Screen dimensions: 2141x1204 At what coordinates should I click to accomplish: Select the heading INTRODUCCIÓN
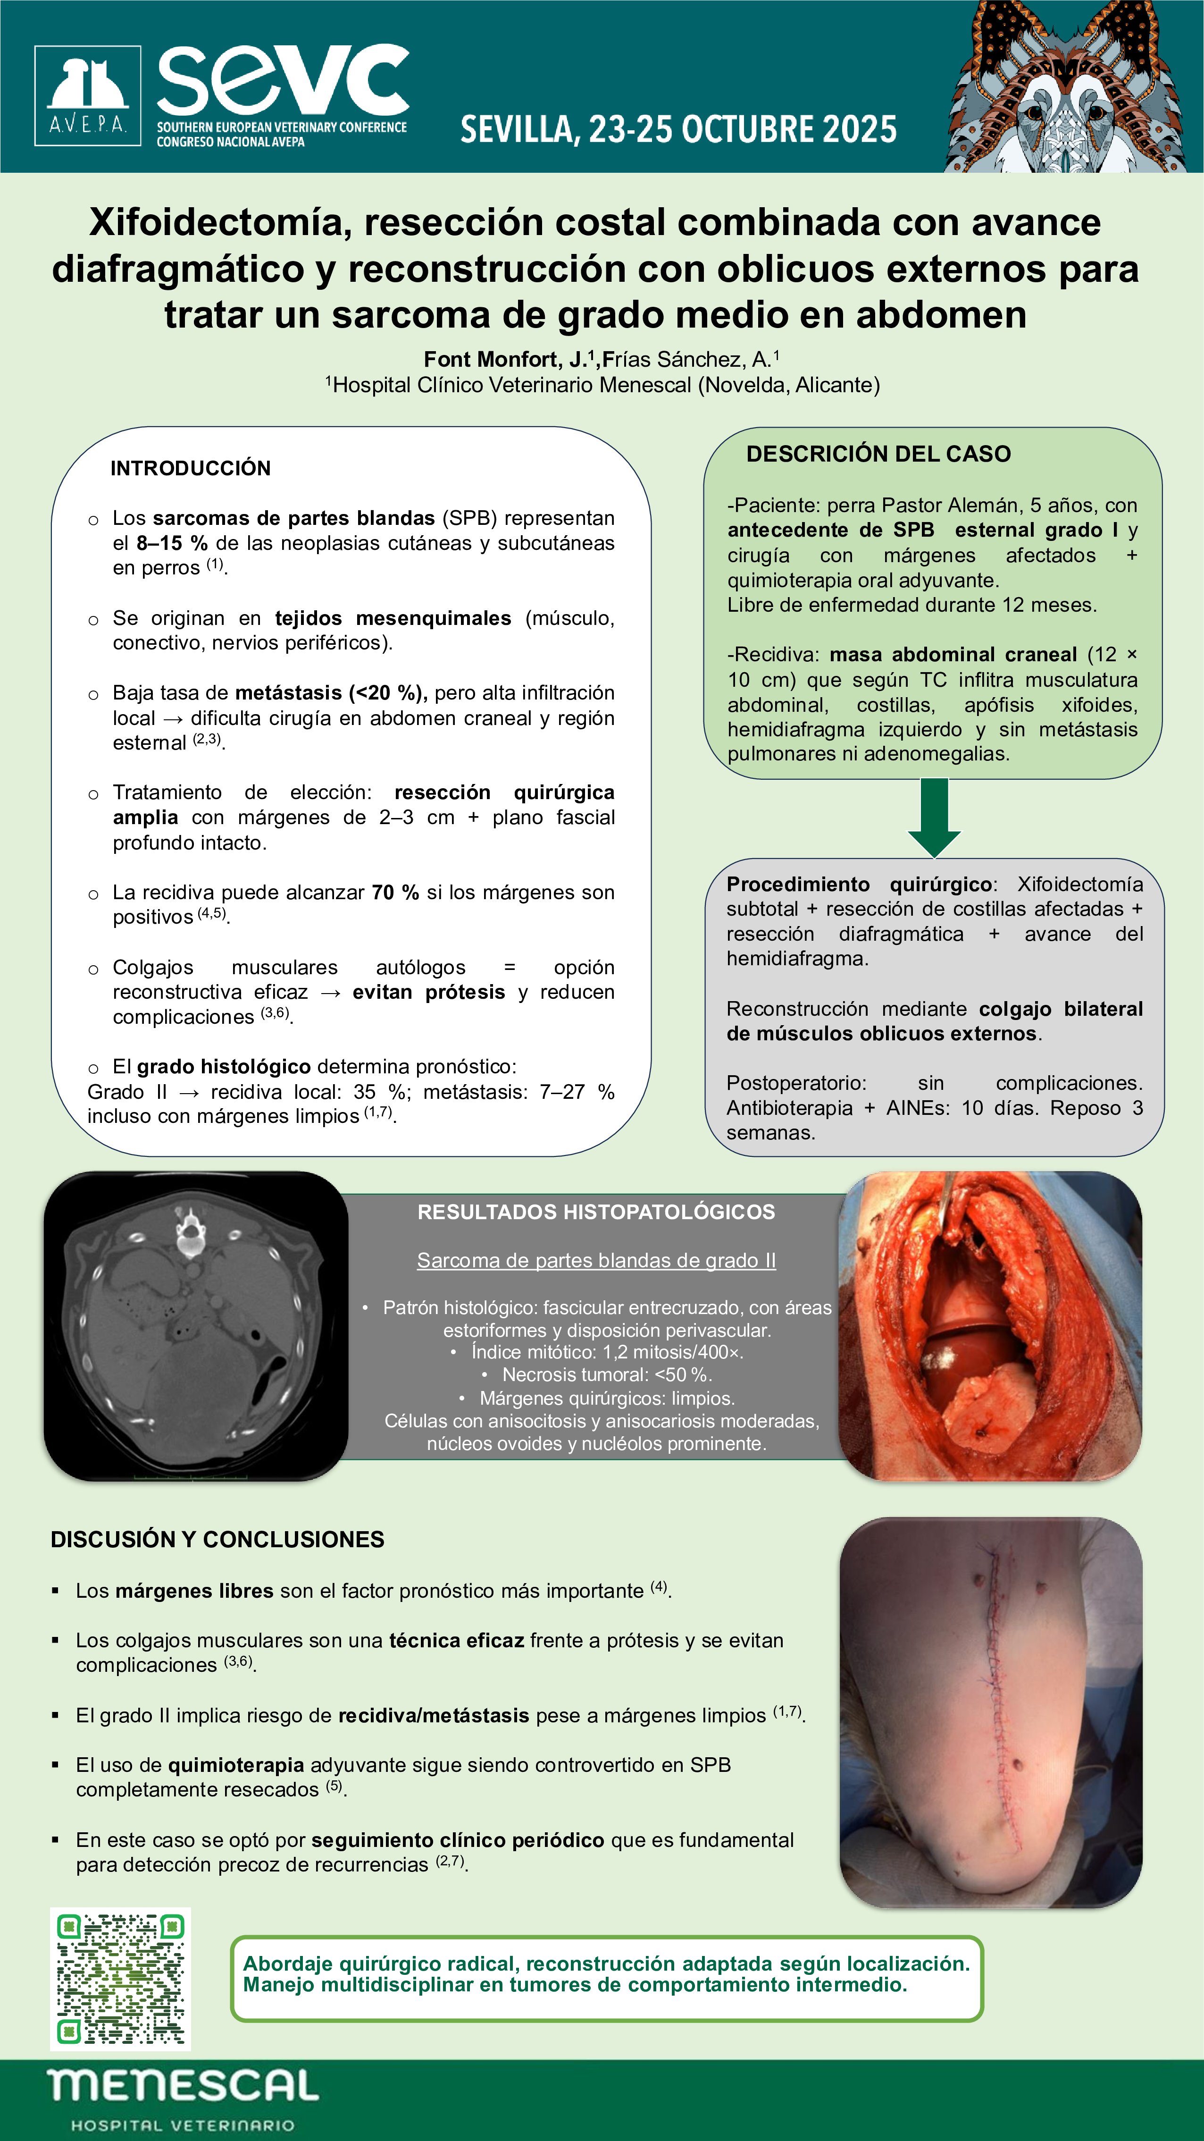190,468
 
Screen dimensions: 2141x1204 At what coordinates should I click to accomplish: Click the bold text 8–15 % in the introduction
172,544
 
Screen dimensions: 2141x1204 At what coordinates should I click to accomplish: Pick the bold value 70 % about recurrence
395,893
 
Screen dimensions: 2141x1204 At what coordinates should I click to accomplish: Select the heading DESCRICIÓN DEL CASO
878,454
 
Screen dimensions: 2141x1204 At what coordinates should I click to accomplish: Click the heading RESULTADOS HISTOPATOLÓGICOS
596,1212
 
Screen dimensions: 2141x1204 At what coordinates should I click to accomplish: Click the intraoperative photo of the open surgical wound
989,1326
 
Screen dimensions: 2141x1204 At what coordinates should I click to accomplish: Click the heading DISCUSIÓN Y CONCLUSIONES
217,1539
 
